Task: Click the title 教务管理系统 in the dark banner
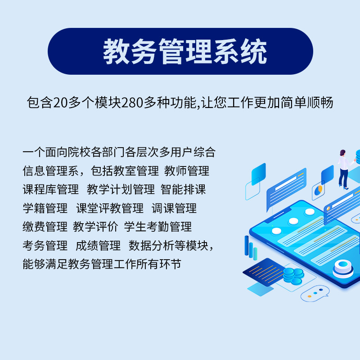coord(185,51)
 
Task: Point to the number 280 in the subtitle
coord(132,103)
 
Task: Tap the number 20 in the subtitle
coord(61,103)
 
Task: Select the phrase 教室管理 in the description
coord(136,171)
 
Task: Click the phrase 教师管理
coord(187,171)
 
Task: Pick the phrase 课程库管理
coord(50,189)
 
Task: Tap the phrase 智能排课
coord(183,189)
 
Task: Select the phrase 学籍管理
coord(45,208)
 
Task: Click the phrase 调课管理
coord(174,208)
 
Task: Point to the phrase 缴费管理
coord(45,227)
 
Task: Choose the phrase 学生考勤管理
coord(158,227)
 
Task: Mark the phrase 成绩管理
coord(98,245)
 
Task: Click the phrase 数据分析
coord(151,245)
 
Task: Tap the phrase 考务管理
coord(45,245)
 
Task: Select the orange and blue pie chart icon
coord(319,190)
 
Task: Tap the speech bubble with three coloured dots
coord(315,293)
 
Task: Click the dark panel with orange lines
coord(264,272)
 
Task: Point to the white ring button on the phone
coord(343,269)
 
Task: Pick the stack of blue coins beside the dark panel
coord(293,276)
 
